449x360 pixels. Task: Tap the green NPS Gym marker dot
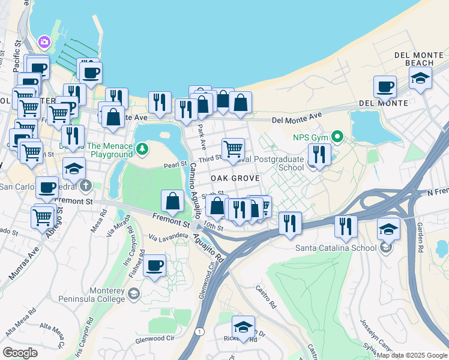point(337,137)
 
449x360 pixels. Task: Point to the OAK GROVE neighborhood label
point(235,178)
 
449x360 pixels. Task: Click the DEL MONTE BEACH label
point(414,59)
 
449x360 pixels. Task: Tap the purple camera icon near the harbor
point(44,42)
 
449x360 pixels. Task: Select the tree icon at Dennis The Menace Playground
point(142,148)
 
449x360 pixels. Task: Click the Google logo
point(20,352)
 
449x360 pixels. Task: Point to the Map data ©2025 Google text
point(412,355)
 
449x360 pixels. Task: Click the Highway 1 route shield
point(200,331)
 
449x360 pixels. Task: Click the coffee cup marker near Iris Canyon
point(154,265)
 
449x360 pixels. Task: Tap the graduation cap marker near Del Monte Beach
point(420,77)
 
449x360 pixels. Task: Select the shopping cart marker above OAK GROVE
point(233,148)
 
